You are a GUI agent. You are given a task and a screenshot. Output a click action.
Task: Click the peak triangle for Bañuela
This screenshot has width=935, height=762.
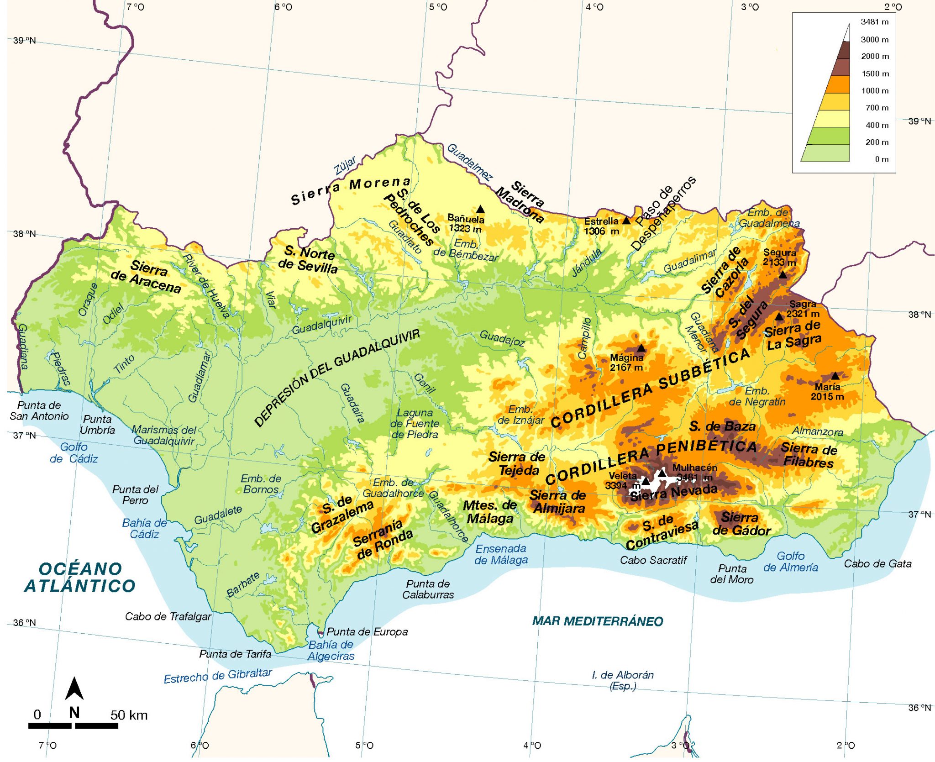coord(480,210)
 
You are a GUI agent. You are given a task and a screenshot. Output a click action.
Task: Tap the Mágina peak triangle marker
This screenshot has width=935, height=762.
coord(641,348)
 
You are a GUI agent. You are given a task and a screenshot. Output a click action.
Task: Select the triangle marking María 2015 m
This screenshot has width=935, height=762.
coord(835,376)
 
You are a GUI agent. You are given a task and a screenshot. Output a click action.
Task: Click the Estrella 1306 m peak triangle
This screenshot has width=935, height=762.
coord(626,221)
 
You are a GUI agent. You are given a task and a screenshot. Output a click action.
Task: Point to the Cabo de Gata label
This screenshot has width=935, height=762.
coord(877,564)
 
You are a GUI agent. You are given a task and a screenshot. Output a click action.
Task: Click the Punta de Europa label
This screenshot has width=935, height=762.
coord(367,632)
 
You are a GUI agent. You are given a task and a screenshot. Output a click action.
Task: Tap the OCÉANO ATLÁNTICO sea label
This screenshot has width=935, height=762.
coord(80,578)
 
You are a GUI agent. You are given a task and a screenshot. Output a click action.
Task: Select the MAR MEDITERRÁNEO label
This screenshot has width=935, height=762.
coord(598,621)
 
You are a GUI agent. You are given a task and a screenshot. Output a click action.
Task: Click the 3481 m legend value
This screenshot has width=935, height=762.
coord(874,22)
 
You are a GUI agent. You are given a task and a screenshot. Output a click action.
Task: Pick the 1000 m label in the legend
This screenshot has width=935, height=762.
coord(875,91)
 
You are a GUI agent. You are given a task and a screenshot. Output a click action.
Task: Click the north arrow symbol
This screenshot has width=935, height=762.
coord(74,689)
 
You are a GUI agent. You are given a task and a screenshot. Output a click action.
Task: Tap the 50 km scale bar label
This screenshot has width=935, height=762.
coord(129,715)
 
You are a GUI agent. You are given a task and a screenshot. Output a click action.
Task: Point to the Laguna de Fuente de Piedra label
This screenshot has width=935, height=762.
coord(415,424)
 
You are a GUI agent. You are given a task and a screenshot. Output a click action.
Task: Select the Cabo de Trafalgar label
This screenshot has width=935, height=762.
coord(168,617)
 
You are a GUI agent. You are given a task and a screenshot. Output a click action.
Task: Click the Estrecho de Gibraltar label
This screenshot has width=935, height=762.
coord(218,676)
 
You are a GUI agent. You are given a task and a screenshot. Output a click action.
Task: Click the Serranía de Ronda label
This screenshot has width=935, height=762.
coord(382,540)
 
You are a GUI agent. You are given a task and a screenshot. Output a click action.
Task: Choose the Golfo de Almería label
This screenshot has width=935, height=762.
coord(791,562)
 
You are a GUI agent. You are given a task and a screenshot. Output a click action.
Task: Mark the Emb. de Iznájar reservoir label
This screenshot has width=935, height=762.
coord(520,415)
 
